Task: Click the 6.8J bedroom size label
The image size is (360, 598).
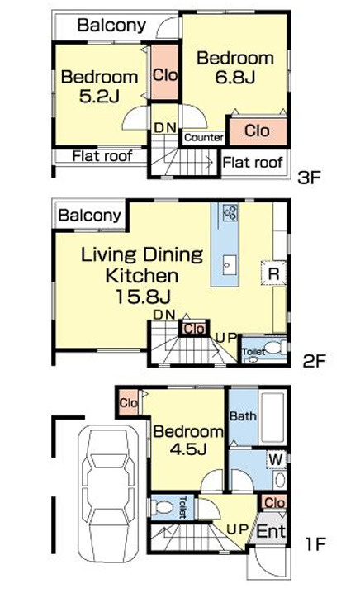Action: tap(235, 77)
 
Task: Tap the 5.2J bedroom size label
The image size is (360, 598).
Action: tap(100, 96)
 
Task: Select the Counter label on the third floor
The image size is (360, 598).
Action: tap(204, 137)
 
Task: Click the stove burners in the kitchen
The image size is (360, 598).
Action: tap(230, 213)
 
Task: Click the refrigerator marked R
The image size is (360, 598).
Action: tap(274, 273)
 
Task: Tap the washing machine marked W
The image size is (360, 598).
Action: tap(276, 459)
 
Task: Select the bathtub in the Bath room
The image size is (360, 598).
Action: tap(272, 416)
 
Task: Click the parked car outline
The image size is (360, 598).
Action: tap(108, 494)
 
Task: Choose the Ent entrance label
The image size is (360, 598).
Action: tap(271, 531)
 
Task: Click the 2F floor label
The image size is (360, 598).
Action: tap(315, 361)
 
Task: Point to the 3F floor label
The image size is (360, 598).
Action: tap(310, 178)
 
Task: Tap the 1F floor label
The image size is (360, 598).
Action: tap(315, 543)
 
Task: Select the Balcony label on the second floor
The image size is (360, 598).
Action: tap(90, 216)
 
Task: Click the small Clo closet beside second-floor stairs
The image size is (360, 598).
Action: tap(195, 329)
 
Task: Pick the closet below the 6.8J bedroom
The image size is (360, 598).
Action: tap(258, 131)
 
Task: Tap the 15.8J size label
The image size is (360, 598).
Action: tap(143, 297)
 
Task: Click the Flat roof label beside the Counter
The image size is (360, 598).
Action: tap(253, 163)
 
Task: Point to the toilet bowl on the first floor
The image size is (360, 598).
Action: tap(163, 508)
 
